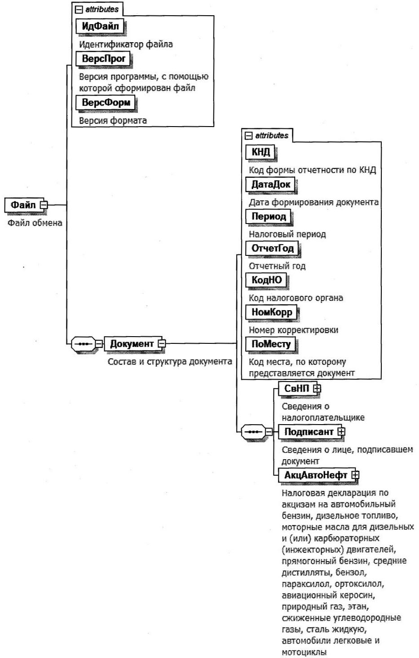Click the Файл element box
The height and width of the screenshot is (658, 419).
pyautogui.click(x=23, y=205)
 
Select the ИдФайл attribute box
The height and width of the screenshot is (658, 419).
pyautogui.click(x=100, y=26)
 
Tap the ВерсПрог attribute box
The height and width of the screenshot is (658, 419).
pyautogui.click(x=103, y=58)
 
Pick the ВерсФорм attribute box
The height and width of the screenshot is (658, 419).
pyautogui.click(x=106, y=102)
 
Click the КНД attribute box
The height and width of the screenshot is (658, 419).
pyautogui.click(x=260, y=152)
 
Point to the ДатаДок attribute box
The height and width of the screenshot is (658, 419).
pyautogui.click(x=271, y=184)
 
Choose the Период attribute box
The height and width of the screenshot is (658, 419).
pyautogui.click(x=269, y=216)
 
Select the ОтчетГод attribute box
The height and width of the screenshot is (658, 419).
pyautogui.click(x=273, y=248)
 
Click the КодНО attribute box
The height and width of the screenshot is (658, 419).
pyautogui.click(x=267, y=280)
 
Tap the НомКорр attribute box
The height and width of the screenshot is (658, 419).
pyautogui.click(x=272, y=312)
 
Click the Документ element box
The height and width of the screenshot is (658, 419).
pyautogui.click(x=132, y=344)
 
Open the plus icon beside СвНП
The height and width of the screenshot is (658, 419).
pyautogui.click(x=317, y=388)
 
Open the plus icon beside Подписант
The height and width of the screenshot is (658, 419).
pyautogui.click(x=341, y=431)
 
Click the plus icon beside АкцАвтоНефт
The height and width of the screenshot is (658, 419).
pyautogui.click(x=355, y=474)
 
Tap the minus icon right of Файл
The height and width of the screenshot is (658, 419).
pyautogui.click(x=44, y=205)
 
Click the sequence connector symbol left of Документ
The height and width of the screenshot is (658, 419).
pyautogui.click(x=83, y=344)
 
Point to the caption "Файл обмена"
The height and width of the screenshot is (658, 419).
pyautogui.click(x=35, y=223)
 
